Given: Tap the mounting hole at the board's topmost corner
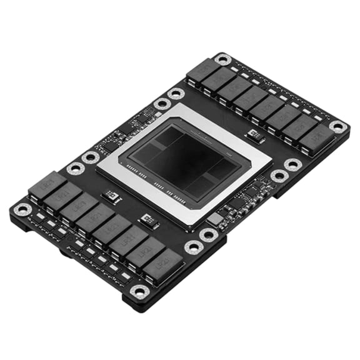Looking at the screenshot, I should point(222,60).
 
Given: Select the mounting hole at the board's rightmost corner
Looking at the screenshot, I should point(338,127).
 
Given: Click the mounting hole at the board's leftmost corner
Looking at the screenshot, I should point(22,209).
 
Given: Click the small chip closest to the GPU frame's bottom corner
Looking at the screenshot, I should point(147,219).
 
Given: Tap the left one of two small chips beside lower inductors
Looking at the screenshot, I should point(112,196).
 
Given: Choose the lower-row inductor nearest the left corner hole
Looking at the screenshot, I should point(47,187).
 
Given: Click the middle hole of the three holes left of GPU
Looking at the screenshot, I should point(91,157).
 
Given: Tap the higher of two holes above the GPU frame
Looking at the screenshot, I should point(176,94).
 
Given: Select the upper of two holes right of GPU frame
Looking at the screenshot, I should point(292,164).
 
